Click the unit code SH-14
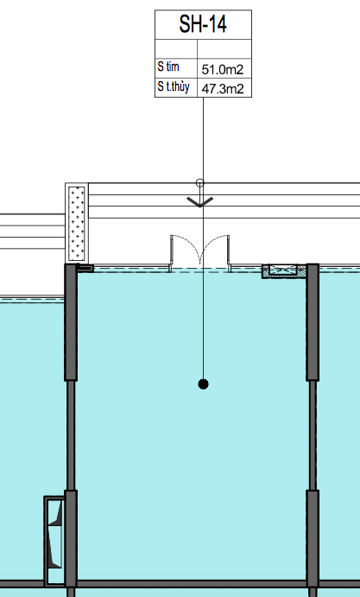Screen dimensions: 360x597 [203, 24]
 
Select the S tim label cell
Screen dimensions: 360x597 [176, 67]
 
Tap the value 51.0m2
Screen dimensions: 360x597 [222, 69]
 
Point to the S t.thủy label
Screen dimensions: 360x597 [174, 86]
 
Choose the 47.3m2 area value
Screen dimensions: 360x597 [222, 89]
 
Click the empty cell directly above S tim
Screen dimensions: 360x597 [176, 48]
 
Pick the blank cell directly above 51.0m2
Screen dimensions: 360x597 [224, 48]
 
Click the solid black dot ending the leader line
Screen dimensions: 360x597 [203, 384]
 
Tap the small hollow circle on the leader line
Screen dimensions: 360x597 [199, 183]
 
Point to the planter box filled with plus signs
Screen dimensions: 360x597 [77, 223]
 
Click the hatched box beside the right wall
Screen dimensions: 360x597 [284, 271]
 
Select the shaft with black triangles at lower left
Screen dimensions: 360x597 [54, 541]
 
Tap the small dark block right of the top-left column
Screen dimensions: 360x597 [85, 268]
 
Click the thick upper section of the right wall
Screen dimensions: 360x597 [313, 322]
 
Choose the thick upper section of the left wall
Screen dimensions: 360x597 [71, 322]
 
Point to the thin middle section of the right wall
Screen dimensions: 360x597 [313, 435]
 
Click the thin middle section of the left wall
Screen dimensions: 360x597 [71, 435]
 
